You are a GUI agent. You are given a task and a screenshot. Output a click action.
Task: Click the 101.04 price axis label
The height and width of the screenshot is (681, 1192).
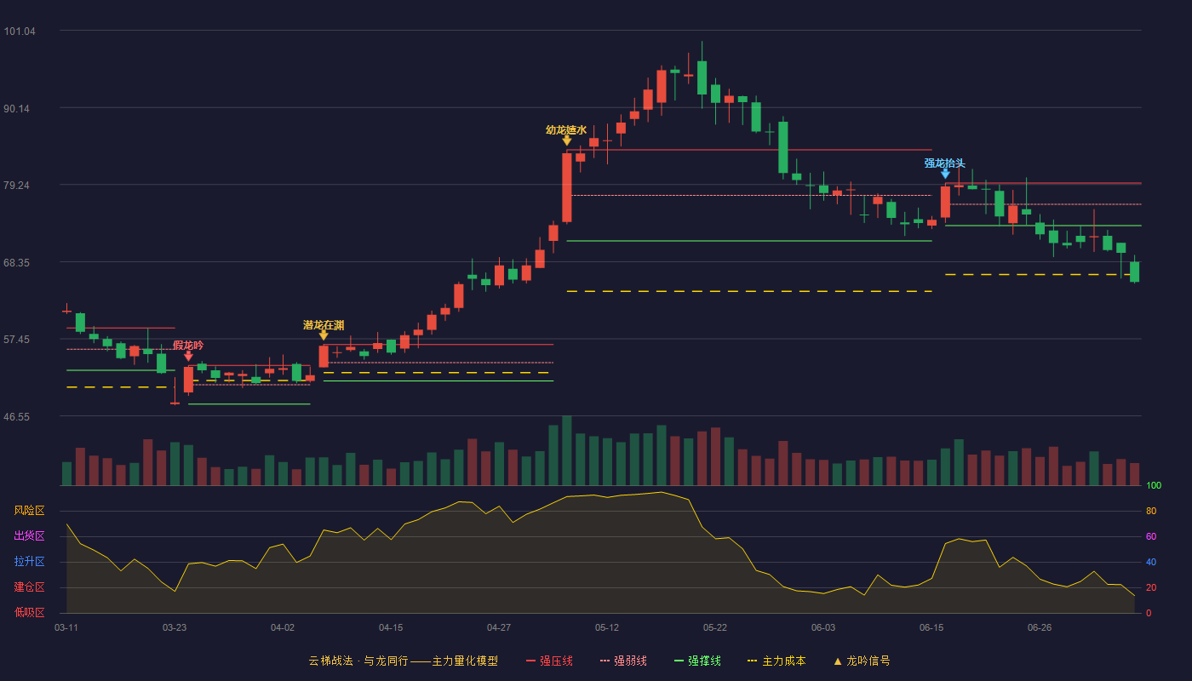pos(20,31)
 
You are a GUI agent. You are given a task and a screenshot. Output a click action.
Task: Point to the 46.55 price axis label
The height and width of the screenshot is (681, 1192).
pos(16,417)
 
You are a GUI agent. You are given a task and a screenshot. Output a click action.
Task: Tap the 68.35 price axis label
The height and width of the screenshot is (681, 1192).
pos(16,263)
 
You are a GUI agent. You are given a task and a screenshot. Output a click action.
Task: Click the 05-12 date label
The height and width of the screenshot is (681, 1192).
pos(606,628)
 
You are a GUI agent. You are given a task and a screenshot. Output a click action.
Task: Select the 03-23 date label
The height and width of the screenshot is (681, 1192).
pos(175,628)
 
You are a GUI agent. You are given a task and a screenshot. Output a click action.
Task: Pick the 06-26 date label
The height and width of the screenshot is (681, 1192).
pos(1040,628)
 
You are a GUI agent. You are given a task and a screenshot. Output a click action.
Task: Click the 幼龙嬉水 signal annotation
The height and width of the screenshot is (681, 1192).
pos(566,129)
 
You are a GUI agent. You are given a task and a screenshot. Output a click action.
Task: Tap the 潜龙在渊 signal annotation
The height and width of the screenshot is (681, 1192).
pos(324,325)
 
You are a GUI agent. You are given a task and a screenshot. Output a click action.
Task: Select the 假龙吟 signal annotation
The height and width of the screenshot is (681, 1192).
pos(188,346)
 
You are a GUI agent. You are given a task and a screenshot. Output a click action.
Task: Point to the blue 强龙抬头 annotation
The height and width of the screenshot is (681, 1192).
pos(944,163)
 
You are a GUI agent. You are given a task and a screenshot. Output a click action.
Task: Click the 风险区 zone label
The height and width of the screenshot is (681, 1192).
pos(29,511)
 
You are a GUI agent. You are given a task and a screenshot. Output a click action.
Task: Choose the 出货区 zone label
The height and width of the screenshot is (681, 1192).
pos(29,535)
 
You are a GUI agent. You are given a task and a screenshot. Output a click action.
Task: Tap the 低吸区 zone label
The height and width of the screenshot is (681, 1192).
pos(29,612)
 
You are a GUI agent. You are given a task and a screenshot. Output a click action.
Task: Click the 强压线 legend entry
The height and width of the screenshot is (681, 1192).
pos(549,661)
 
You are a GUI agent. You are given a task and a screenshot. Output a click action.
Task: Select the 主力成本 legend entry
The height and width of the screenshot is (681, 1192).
pos(777,661)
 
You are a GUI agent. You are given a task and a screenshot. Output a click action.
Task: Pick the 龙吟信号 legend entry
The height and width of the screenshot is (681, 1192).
pos(862,661)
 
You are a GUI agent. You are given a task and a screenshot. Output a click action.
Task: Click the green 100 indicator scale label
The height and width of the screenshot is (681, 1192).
pos(1154,485)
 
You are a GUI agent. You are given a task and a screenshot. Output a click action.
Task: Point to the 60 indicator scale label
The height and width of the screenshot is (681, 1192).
pos(1151,536)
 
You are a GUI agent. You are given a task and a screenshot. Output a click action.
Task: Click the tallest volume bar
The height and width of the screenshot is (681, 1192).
pos(567,450)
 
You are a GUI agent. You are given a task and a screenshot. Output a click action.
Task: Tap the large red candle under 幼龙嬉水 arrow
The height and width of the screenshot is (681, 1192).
pos(567,187)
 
